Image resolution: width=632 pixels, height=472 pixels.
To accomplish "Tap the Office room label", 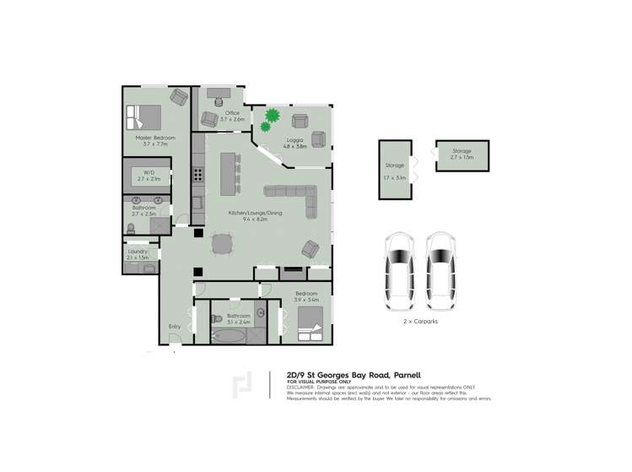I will click(x=232, y=112).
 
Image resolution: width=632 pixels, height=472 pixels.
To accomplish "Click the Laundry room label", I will click(x=138, y=251).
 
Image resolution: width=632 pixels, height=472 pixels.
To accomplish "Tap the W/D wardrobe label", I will click(x=149, y=173).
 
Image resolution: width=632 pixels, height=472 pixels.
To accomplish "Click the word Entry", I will click(x=175, y=326).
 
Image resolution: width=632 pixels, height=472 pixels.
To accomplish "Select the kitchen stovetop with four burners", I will click(x=199, y=176).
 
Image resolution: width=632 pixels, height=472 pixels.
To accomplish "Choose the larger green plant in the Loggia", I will click(x=273, y=115).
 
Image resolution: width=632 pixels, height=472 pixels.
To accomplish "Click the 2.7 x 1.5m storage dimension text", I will click(x=462, y=157).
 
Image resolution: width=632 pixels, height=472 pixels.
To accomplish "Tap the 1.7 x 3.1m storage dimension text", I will click(x=395, y=178).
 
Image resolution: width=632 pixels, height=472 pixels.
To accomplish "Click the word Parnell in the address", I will click(x=406, y=374).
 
